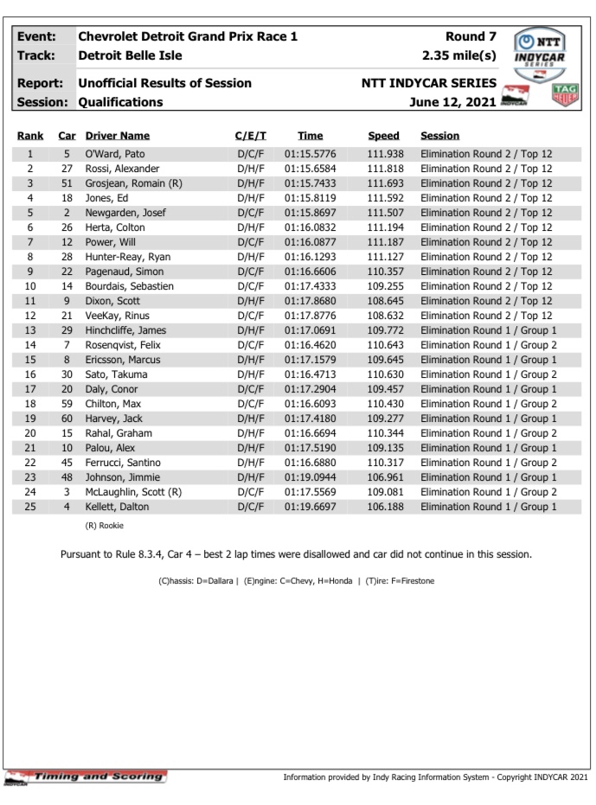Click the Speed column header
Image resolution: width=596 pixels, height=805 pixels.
click(384, 136)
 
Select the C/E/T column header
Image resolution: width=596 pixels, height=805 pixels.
click(251, 136)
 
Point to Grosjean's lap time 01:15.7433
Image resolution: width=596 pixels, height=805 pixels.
click(310, 183)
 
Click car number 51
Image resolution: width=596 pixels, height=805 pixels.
click(66, 183)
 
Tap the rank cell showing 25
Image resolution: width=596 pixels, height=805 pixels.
click(30, 507)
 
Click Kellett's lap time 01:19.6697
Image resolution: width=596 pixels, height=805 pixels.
click(310, 507)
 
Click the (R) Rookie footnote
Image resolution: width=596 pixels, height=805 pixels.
click(105, 526)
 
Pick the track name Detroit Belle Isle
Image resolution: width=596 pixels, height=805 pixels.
click(130, 56)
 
